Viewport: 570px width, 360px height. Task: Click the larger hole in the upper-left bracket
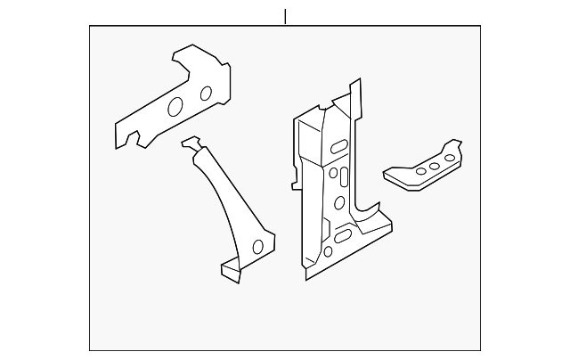175,107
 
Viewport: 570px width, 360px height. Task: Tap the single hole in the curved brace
258,246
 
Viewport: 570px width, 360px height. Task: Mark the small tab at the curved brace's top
191,143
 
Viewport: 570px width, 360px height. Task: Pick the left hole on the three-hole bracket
417,172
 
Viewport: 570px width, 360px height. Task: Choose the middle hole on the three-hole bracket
432,167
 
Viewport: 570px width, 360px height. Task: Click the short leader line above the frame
285,16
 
